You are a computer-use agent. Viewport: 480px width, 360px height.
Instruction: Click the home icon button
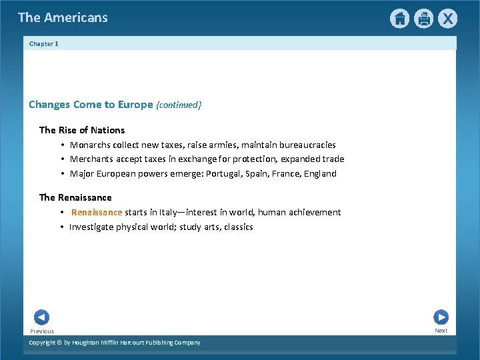pyautogui.click(x=399, y=19)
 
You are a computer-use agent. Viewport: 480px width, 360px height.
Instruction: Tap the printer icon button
pyautogui.click(x=423, y=19)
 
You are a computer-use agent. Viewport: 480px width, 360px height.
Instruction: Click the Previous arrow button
pyautogui.click(x=41, y=317)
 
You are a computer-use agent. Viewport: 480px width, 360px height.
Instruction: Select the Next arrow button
pyautogui.click(x=441, y=317)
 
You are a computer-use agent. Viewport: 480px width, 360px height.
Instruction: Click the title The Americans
pyautogui.click(x=63, y=18)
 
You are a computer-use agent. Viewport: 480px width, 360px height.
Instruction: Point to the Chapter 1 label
pyautogui.click(x=44, y=44)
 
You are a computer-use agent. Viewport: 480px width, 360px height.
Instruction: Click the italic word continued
pyautogui.click(x=178, y=105)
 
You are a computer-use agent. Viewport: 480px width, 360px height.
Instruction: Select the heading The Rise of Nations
pyautogui.click(x=82, y=130)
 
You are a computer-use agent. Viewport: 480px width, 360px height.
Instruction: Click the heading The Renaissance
pyautogui.click(x=75, y=197)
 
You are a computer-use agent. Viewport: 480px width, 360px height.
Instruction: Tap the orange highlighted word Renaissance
pyautogui.click(x=97, y=212)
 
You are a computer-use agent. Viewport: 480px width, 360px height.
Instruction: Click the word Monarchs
pyautogui.click(x=90, y=145)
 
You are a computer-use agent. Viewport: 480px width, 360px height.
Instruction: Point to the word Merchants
pyautogui.click(x=91, y=159)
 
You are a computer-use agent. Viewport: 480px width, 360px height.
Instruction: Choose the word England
pyautogui.click(x=320, y=173)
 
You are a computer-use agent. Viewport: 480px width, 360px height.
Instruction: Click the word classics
pyautogui.click(x=238, y=227)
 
